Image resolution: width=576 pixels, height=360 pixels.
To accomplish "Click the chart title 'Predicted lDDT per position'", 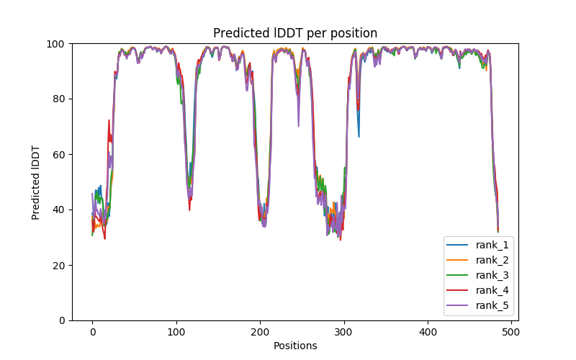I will [295, 33].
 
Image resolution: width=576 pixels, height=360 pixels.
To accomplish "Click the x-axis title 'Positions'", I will [295, 346].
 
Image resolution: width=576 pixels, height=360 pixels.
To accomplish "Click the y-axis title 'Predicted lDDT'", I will [36, 182].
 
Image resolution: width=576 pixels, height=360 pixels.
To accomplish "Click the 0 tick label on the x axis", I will [92, 332].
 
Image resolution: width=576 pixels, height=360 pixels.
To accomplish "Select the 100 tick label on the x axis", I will [176, 332].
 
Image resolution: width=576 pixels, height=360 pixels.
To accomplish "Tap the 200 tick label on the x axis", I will [260, 332].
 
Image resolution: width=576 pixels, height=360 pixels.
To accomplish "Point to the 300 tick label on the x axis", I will [344, 332].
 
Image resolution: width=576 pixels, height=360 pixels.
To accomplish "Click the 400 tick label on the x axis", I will [428, 332].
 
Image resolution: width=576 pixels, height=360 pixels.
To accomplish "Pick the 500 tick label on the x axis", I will [512, 332].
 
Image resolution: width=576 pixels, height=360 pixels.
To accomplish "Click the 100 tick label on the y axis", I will [56, 44].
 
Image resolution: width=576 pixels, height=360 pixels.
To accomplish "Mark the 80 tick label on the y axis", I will [59, 99].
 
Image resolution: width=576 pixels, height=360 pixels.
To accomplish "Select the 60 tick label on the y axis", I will [59, 155].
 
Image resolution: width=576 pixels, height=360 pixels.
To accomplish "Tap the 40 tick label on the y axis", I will [59, 210].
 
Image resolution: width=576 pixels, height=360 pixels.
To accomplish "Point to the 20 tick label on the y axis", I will [59, 266].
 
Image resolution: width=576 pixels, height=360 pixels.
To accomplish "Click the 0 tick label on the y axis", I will [62, 320].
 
